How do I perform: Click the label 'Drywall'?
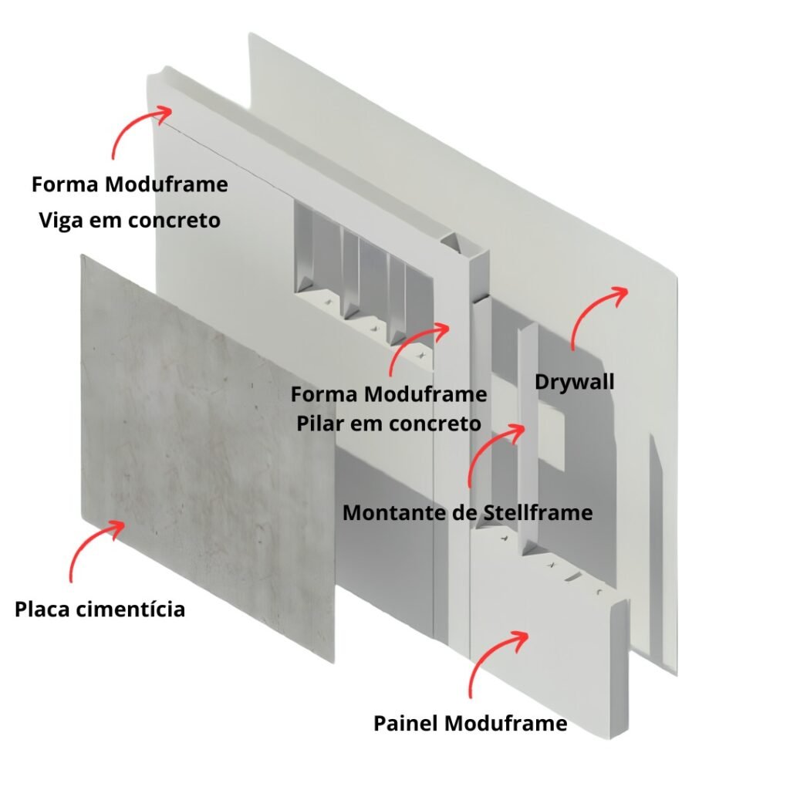574,382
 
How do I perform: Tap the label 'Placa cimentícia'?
100,609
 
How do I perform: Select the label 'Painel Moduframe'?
470,724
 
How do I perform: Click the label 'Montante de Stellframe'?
468,513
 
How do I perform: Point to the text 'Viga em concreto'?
130,220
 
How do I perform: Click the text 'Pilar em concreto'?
389,424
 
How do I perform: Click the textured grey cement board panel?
207,454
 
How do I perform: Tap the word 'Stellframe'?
538,513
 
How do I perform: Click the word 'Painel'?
406,724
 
